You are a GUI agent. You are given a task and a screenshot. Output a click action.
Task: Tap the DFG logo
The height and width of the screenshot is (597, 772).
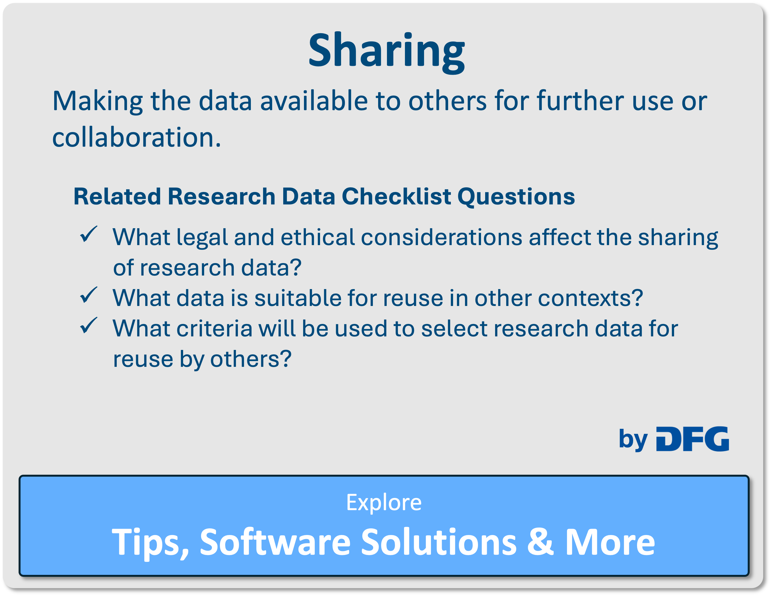pos(692,439)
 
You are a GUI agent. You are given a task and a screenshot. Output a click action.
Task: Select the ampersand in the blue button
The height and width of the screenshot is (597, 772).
pos(540,541)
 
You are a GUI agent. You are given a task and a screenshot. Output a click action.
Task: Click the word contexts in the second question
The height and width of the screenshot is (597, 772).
pos(590,298)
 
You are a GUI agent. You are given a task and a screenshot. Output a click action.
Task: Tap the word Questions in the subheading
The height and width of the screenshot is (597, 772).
pos(516,197)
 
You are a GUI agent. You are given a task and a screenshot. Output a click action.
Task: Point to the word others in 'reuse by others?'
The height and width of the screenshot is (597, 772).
pos(251,359)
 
